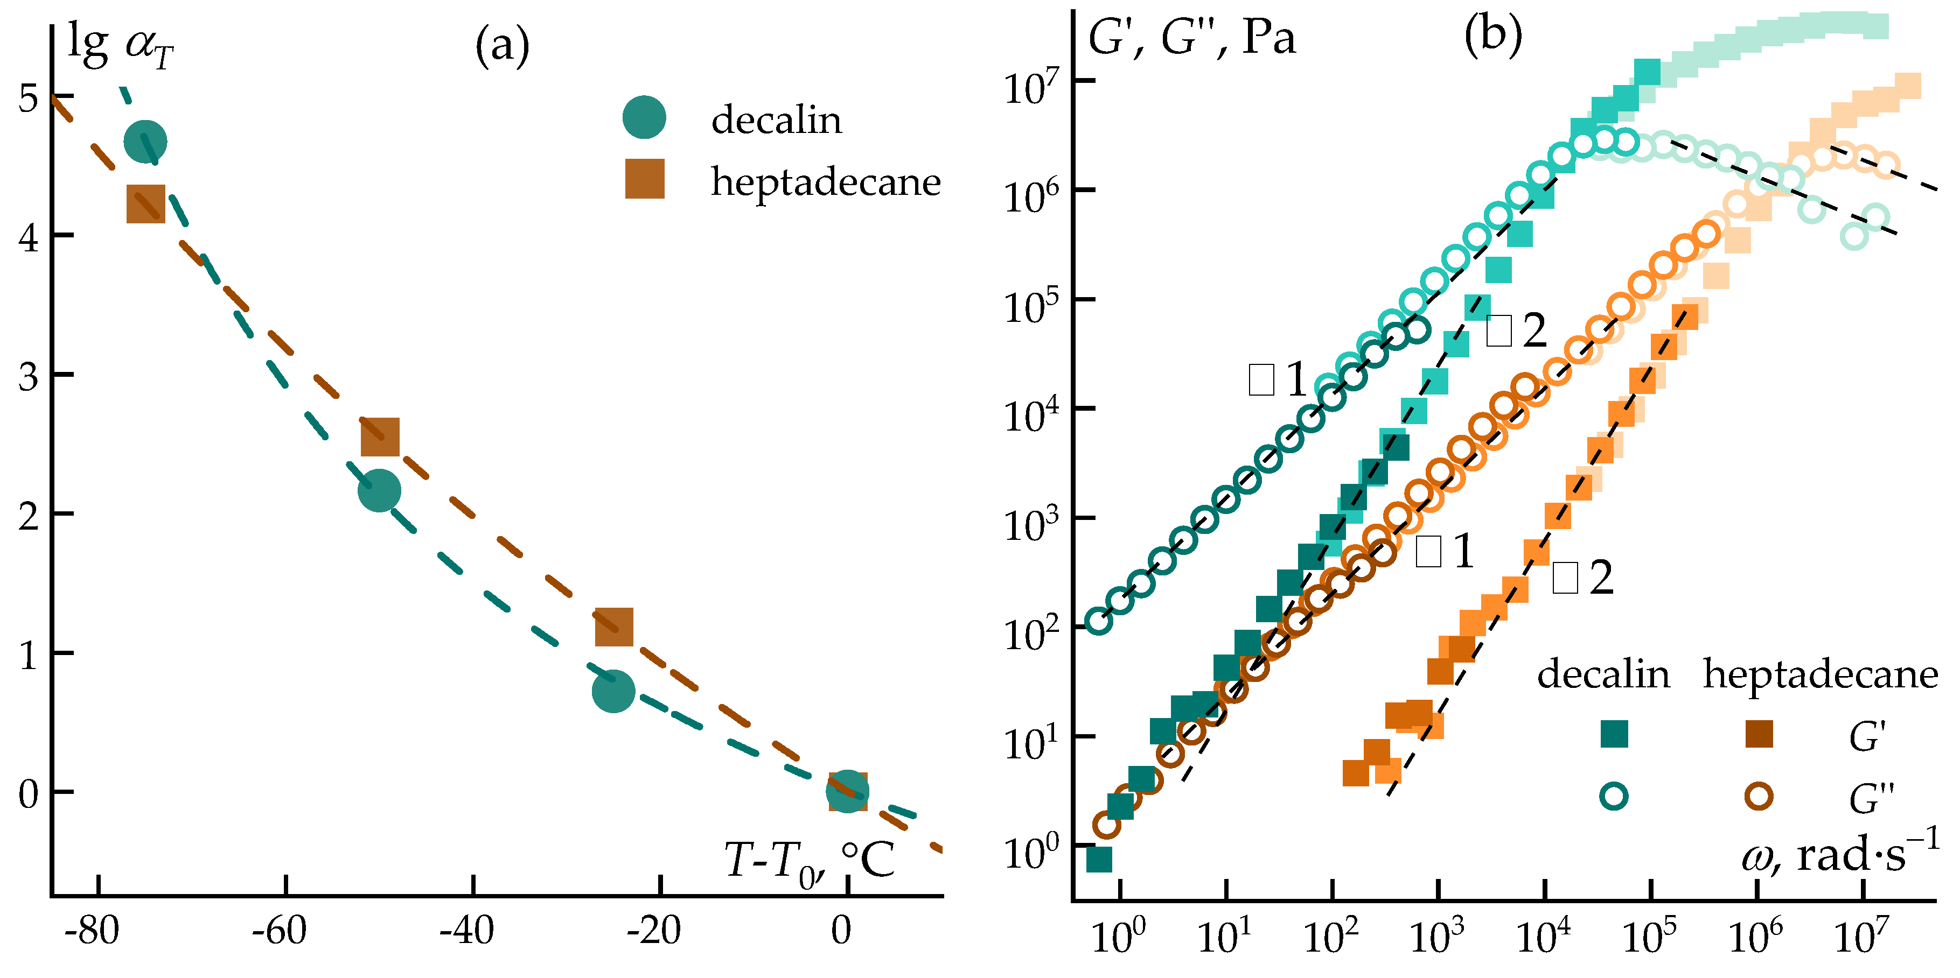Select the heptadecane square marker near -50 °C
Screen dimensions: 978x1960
(380, 436)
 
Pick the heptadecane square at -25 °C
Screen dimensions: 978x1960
(613, 627)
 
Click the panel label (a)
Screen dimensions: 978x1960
(502, 46)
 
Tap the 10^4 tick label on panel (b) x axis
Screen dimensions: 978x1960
(1543, 937)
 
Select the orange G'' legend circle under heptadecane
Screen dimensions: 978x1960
(1759, 796)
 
